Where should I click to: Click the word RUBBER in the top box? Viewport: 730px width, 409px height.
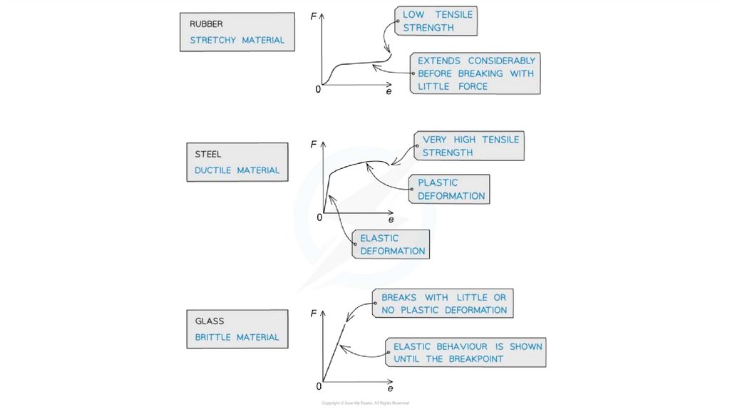(206, 24)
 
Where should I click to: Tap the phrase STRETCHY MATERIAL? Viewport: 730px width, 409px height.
(237, 41)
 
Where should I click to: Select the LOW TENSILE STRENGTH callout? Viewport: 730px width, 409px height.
(437, 21)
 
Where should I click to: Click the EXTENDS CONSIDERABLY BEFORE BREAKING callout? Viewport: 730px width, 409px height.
(475, 73)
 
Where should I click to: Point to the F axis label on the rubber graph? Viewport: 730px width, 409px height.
(314, 15)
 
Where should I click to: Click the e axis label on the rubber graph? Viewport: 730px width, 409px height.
(389, 92)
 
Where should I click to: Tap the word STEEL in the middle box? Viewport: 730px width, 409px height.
(208, 155)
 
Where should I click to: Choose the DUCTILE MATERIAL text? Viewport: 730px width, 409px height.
(237, 171)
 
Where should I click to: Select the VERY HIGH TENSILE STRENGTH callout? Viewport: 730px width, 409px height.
(471, 146)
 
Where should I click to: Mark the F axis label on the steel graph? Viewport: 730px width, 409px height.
(314, 145)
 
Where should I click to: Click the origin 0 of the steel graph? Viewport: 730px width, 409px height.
(319, 217)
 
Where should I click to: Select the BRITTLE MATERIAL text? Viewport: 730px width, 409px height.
(237, 338)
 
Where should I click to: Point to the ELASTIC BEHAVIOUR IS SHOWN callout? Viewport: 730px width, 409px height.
(468, 353)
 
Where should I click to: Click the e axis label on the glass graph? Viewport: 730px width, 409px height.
(390, 389)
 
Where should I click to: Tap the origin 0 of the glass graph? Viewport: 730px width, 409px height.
(319, 386)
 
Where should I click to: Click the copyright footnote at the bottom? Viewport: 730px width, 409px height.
(365, 403)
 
